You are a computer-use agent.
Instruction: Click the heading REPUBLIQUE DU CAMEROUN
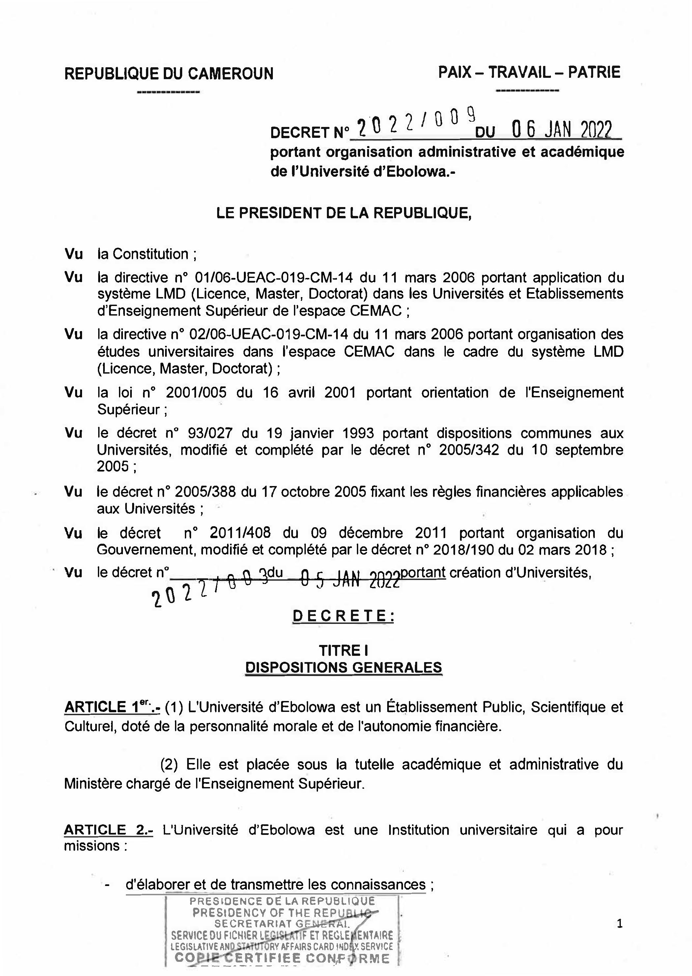[169, 74]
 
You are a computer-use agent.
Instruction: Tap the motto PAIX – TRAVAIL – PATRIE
[529, 73]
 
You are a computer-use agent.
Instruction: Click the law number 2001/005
[196, 392]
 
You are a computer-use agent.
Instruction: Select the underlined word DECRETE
[343, 616]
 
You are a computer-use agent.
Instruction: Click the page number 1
[620, 924]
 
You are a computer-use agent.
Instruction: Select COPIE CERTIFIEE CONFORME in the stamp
[282, 959]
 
